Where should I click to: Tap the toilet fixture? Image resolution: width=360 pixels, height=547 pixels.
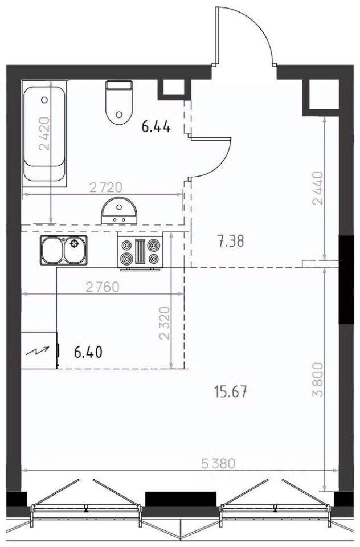[x=120, y=103]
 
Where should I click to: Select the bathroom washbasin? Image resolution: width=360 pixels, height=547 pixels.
[x=119, y=210]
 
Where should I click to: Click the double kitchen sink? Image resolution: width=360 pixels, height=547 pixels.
[x=64, y=250]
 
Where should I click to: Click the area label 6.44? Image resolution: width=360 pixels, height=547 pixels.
[x=156, y=127]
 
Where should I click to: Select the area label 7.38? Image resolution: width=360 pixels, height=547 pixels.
[x=231, y=242]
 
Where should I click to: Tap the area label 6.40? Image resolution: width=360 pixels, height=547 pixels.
[x=88, y=352]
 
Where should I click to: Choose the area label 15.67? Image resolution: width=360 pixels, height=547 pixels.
[x=232, y=393]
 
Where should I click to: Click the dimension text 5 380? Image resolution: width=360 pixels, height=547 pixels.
[x=218, y=464]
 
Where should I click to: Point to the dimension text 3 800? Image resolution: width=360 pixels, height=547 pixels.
[x=318, y=381]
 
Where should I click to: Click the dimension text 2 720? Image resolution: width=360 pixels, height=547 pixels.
[x=106, y=187]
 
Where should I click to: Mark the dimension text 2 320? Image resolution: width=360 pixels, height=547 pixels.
[x=164, y=323]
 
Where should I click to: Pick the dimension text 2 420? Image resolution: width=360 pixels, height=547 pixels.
[x=44, y=133]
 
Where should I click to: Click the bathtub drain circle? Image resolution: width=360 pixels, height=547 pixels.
[x=44, y=100]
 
